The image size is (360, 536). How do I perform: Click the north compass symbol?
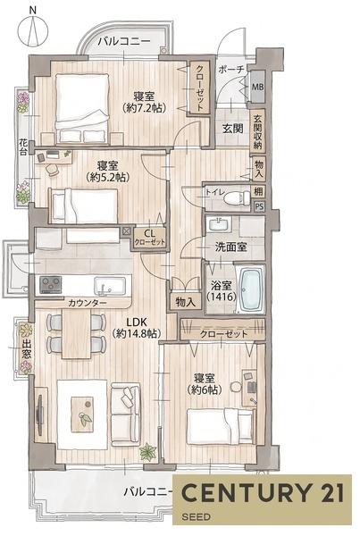tap(33, 29)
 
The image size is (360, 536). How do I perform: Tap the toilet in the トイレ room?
tap(239, 197)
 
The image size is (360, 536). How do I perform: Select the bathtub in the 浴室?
tap(251, 289)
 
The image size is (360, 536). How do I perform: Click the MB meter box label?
tap(258, 87)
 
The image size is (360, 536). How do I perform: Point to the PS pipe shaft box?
tap(259, 207)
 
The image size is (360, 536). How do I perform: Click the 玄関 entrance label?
tap(232, 129)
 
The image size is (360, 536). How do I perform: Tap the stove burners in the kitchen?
tap(51, 285)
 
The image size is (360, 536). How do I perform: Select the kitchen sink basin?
tap(110, 286)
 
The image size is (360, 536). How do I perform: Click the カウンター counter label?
tap(88, 303)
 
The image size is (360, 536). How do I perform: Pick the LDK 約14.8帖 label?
tap(137, 328)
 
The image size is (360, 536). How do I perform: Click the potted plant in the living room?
tap(147, 451)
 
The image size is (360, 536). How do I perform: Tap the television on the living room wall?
tap(39, 415)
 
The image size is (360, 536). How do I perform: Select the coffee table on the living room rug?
tap(82, 414)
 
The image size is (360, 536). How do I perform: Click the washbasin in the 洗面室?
tap(219, 224)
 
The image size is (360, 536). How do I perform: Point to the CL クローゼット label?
tap(149, 238)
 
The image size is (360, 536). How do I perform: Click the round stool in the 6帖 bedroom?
tap(236, 387)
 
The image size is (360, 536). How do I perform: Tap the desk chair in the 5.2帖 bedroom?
tap(53, 169)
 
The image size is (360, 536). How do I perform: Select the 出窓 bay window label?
tap(26, 348)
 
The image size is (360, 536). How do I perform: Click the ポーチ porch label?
tap(231, 70)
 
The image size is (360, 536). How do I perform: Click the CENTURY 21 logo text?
tap(263, 492)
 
